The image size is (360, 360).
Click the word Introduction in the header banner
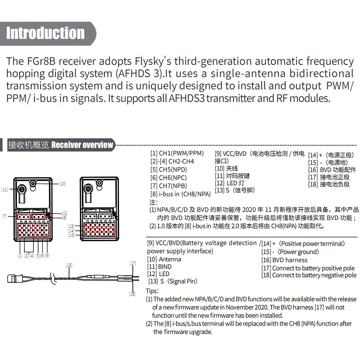click(x=45, y=33)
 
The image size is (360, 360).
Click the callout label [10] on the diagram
click(x=63, y=184)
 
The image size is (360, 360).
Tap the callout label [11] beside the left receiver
click(x=4, y=189)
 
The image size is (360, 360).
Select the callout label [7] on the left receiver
click(x=4, y=216)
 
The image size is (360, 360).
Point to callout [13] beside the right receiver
click(x=71, y=226)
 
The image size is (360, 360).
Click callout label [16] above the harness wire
click(x=69, y=265)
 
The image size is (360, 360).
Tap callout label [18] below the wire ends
click(x=132, y=294)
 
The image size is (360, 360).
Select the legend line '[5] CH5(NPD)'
click(x=168, y=169)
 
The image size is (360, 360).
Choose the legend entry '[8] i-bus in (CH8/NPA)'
click(x=180, y=194)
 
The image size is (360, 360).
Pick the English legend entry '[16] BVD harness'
click(x=284, y=260)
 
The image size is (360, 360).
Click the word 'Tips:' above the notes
click(x=152, y=291)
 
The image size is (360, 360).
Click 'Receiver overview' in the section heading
click(x=82, y=145)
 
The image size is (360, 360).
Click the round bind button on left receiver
click(x=22, y=189)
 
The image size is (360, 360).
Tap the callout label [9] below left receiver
click(x=47, y=256)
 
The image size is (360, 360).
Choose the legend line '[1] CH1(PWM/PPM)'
click(x=177, y=153)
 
